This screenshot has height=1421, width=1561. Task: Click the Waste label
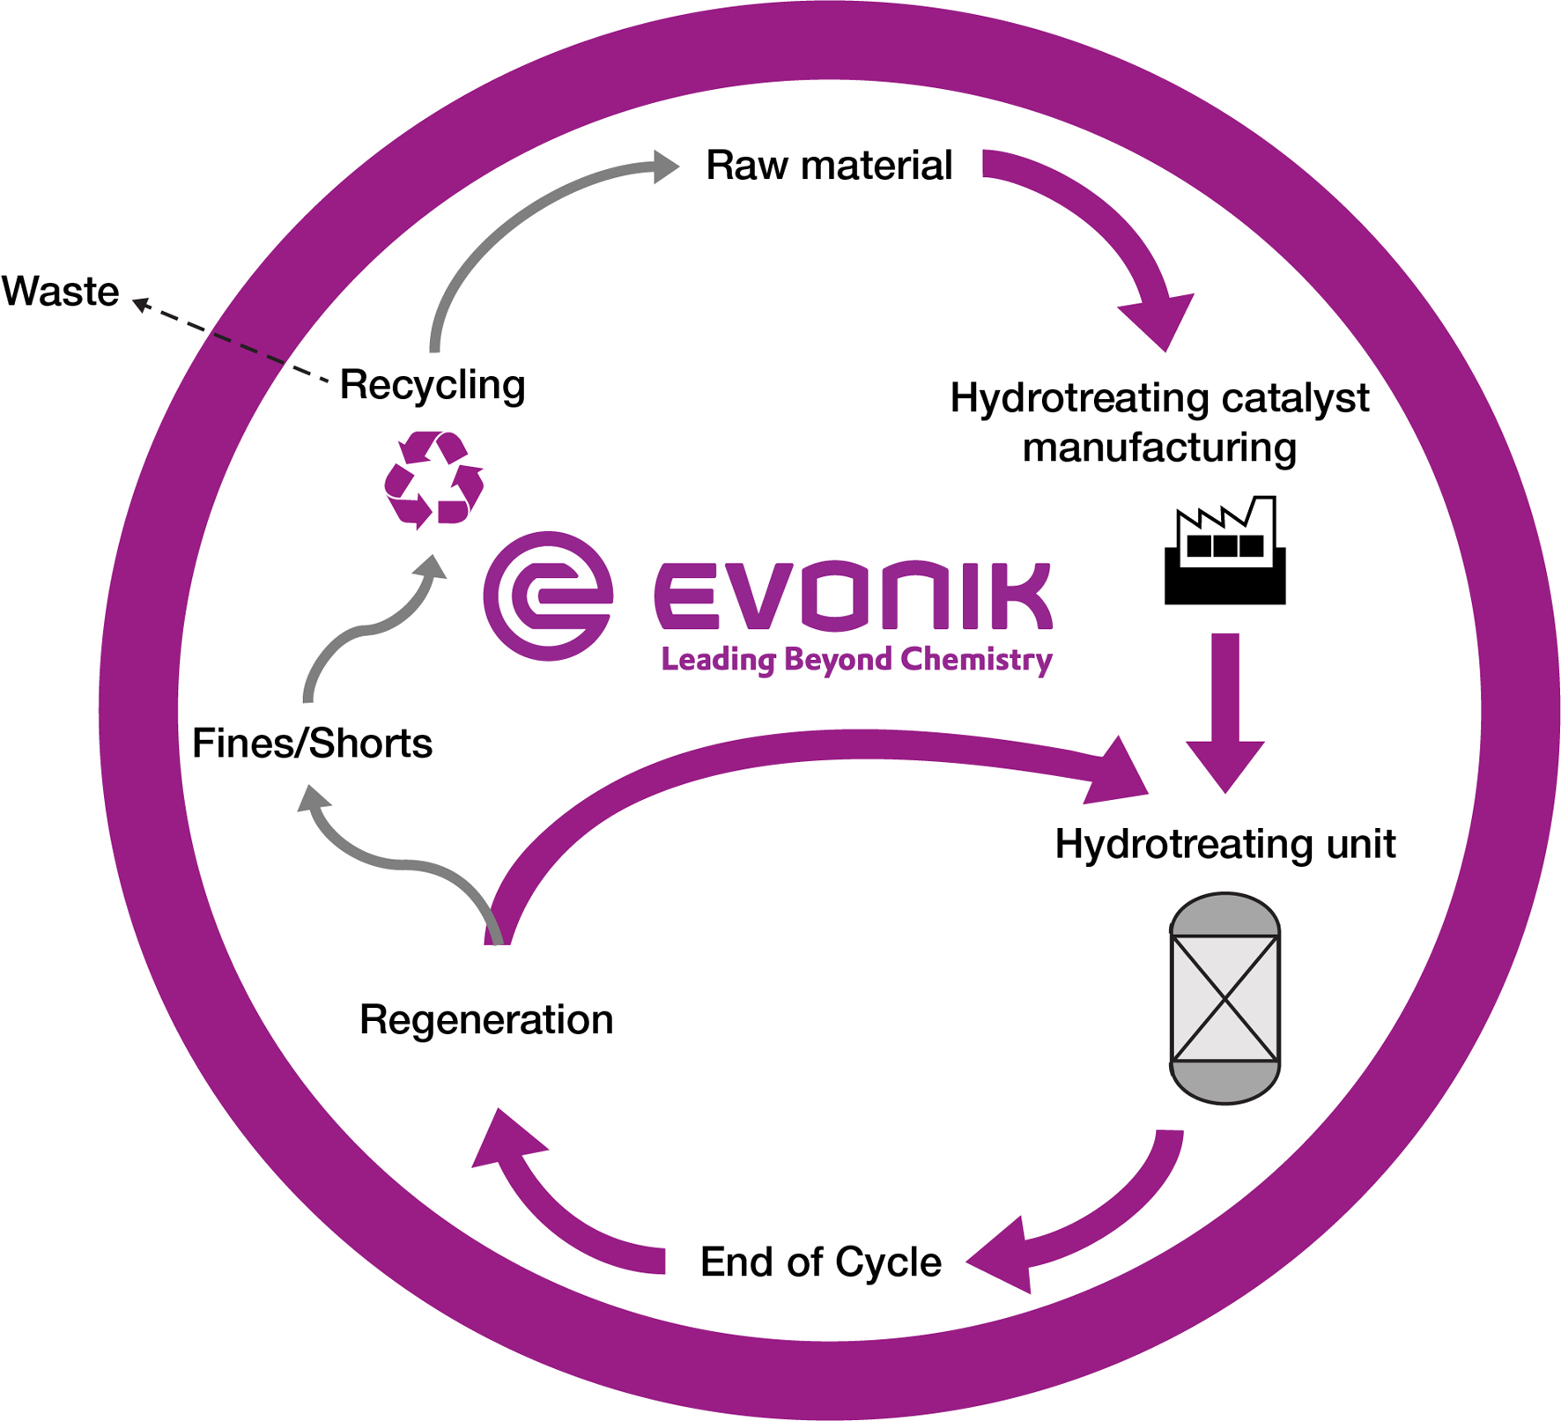point(61,292)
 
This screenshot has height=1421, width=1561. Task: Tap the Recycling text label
point(433,385)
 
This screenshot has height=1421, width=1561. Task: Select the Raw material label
point(829,166)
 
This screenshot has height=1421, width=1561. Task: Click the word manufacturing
point(1159,448)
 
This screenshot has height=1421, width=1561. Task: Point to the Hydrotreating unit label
point(1224,844)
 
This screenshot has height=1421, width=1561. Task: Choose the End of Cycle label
point(820,1262)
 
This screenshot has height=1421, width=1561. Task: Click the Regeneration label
point(486,1020)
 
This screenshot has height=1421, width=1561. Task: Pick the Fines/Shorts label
point(312,744)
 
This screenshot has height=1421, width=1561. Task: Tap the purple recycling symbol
point(433,480)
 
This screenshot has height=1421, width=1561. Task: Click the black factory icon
point(1224,552)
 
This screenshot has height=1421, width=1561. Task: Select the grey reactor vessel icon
point(1224,997)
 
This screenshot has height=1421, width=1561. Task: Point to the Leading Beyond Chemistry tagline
point(856,660)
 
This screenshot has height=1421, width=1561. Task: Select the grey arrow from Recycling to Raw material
point(511,220)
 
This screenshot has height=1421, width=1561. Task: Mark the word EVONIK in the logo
point(853,596)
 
